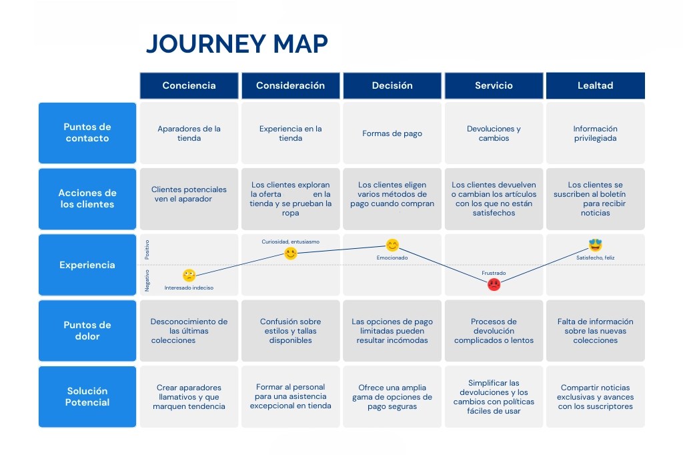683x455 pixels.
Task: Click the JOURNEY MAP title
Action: (237, 44)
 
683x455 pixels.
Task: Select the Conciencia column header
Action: (189, 85)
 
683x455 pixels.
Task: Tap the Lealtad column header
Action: (595, 85)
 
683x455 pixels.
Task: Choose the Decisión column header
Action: (392, 85)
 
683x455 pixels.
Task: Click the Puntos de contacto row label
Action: (87, 133)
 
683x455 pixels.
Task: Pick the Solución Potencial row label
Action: (87, 396)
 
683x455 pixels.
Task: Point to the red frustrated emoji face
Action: (494, 284)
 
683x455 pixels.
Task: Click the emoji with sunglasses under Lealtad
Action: (595, 246)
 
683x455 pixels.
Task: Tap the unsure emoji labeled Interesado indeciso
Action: (189, 276)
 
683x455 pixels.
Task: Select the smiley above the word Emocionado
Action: (392, 246)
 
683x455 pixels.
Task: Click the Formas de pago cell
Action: (392, 133)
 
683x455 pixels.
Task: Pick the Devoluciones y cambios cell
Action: (494, 133)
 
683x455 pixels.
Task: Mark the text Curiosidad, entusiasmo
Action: (290, 242)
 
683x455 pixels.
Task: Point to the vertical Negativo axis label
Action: (147, 280)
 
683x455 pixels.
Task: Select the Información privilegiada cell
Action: (595, 133)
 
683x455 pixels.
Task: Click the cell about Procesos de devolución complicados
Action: (494, 331)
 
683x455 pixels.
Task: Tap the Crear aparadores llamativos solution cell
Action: (189, 396)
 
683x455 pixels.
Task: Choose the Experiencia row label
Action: (87, 265)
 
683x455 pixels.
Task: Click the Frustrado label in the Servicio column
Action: (494, 274)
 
